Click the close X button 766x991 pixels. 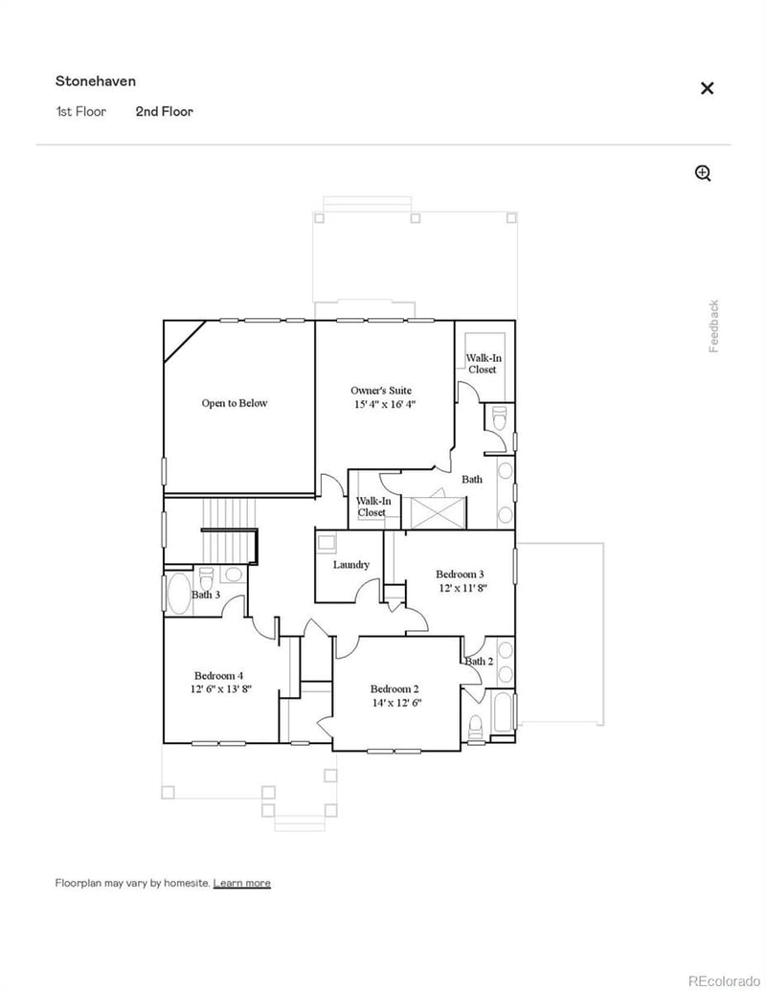[707, 88]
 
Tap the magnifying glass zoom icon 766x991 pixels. [703, 173]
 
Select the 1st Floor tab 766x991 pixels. [80, 112]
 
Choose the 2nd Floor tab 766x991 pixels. [164, 112]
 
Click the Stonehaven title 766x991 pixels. [96, 81]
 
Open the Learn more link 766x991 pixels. [241, 883]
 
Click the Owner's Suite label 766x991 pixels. [381, 391]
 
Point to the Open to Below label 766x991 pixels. [235, 403]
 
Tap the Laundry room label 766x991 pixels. [351, 565]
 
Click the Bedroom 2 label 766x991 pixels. [394, 688]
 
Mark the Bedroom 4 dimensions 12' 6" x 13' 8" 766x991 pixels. [220, 688]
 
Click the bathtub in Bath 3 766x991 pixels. [178, 593]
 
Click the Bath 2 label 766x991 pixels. [479, 661]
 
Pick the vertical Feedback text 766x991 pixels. [714, 326]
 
